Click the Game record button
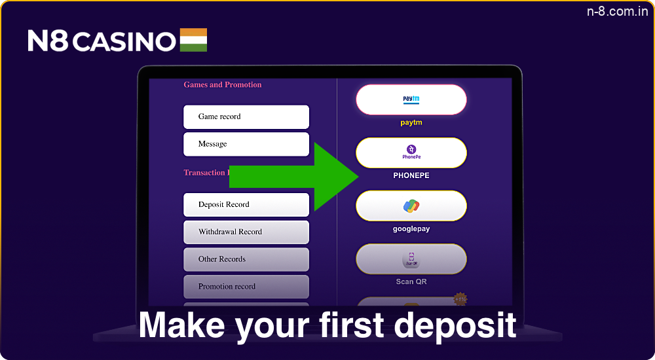[x=246, y=117]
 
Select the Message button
[x=246, y=144]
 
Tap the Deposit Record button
[x=246, y=204]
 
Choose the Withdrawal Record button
[x=246, y=232]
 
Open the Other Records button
[x=246, y=259]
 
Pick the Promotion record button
[x=246, y=287]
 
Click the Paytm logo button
[x=411, y=99]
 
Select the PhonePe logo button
[x=411, y=153]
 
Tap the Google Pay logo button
[x=411, y=206]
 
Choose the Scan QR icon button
[x=411, y=259]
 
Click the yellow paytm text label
[x=411, y=122]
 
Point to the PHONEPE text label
[x=411, y=175]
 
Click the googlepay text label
[x=411, y=229]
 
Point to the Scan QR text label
[x=411, y=281]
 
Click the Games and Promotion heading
[x=222, y=84]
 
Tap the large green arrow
[x=295, y=177]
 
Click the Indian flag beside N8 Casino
[x=193, y=40]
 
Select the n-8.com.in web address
[x=617, y=12]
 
